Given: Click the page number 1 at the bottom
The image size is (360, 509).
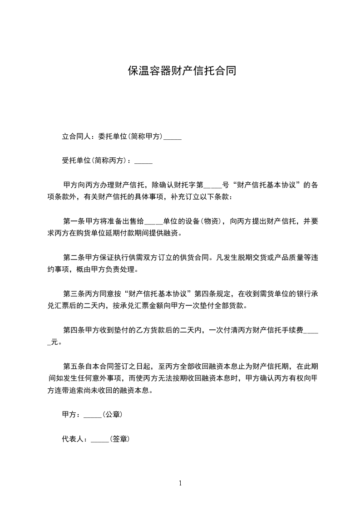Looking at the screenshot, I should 180,483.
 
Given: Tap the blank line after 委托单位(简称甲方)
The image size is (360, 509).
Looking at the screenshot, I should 173,137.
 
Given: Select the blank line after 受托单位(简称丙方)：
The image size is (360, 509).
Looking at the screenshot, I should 144,161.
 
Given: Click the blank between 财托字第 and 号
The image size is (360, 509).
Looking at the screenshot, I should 213,186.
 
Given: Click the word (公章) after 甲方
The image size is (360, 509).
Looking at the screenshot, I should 112,415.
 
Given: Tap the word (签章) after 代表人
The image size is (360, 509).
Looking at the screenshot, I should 119,439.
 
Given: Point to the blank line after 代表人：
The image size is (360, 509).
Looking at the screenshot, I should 100,440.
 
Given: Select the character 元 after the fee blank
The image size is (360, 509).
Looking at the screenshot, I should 54,343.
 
